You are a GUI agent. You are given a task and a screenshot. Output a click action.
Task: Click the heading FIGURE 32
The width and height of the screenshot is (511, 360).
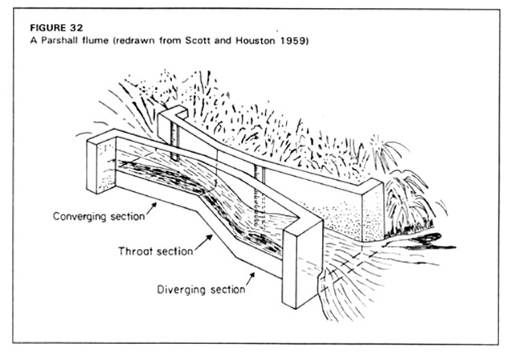[x=56, y=27]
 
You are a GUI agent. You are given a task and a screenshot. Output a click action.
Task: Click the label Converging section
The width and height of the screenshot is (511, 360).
[x=99, y=216]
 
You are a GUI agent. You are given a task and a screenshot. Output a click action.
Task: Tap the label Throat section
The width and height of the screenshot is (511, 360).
[x=156, y=252]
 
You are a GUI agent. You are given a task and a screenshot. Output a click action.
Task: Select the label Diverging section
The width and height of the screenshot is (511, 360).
[x=201, y=289]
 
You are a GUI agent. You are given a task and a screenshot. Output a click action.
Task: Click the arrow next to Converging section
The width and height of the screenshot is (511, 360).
[x=151, y=208]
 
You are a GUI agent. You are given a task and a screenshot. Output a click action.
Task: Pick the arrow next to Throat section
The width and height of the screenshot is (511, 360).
[x=204, y=243]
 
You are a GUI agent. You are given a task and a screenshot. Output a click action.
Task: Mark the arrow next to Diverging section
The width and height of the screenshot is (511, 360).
[x=251, y=279]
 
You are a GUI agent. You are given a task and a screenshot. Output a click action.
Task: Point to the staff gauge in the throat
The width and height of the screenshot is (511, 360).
[x=259, y=195]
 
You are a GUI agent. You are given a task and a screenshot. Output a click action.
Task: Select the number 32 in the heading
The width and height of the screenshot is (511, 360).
[x=76, y=27]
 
